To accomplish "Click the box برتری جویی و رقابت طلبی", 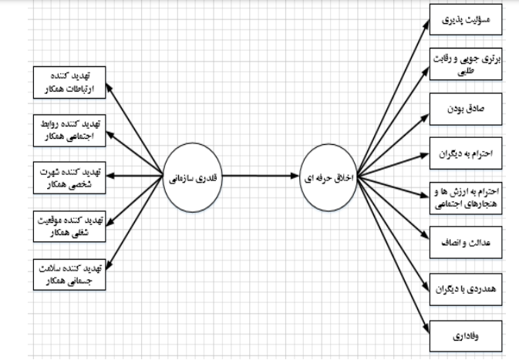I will (x=464, y=66).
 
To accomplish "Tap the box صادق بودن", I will (x=464, y=109).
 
